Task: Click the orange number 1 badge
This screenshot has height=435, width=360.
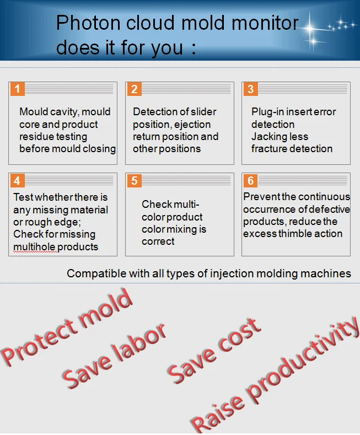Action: click(18, 89)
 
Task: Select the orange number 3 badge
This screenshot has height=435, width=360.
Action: click(251, 89)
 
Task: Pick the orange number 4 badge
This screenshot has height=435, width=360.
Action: click(18, 181)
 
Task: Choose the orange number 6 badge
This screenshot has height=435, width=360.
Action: click(251, 181)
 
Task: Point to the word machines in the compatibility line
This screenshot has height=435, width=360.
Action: click(328, 273)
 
